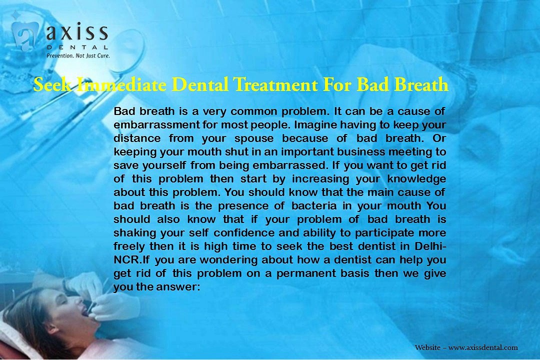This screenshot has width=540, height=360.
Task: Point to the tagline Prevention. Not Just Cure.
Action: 78,55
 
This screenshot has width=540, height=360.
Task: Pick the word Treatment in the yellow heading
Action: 275,84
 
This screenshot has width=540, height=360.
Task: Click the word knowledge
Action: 416,179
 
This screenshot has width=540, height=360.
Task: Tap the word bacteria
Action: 314,205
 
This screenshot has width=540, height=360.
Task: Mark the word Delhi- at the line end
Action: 430,246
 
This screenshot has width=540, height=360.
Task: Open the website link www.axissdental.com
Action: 483,347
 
